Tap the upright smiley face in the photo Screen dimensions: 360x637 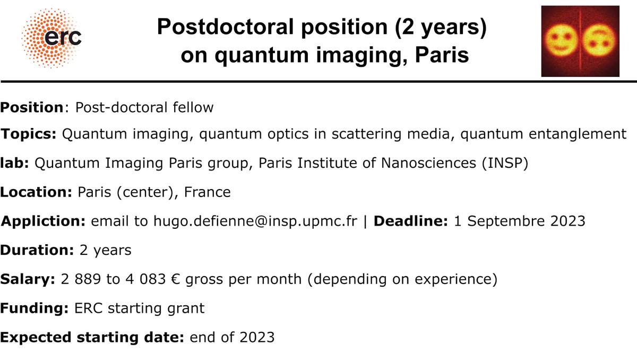(x=562, y=40)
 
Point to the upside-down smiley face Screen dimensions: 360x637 (x=598, y=40)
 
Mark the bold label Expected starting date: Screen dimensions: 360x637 (x=92, y=337)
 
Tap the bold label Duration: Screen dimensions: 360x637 (x=37, y=250)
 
